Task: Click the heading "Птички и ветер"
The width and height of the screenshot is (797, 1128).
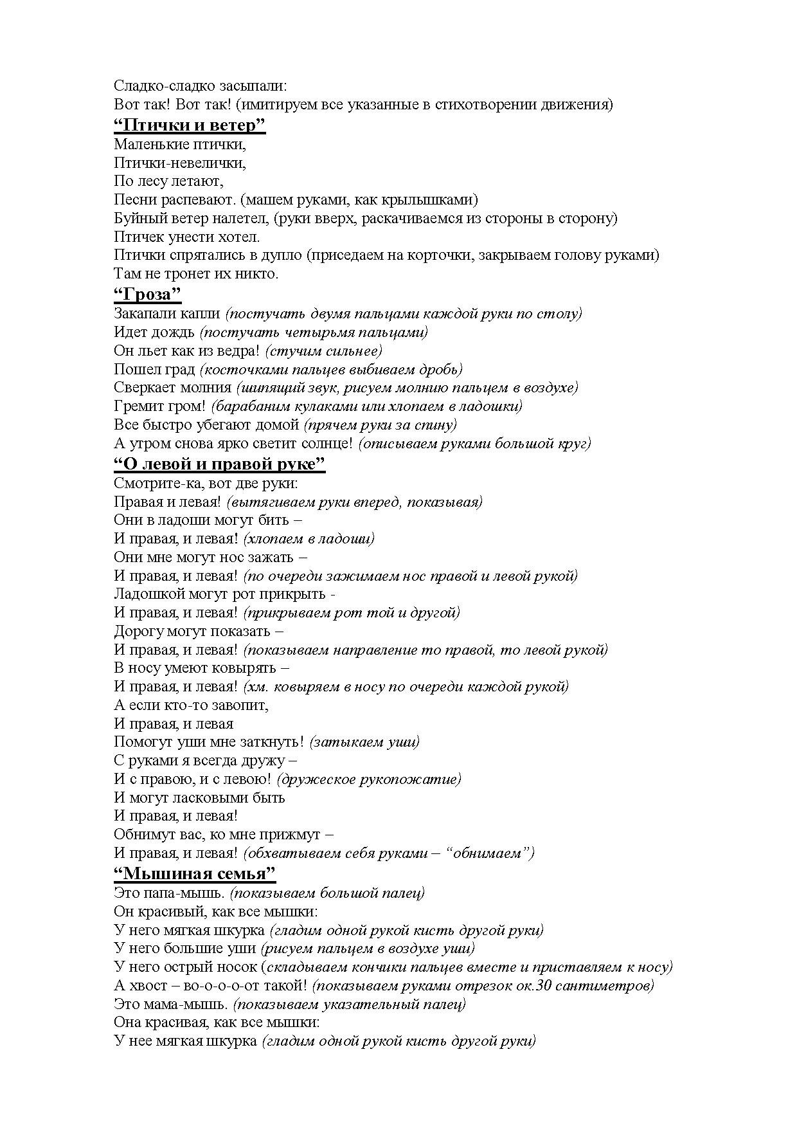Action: pyautogui.click(x=190, y=125)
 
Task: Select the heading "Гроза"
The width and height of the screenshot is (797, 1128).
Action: pyautogui.click(x=147, y=295)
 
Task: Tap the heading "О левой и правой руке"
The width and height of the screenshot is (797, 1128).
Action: pyautogui.click(x=219, y=464)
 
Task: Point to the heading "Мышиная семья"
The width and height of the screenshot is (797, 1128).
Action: pyautogui.click(x=195, y=873)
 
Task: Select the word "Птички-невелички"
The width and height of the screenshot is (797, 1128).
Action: pyautogui.click(x=179, y=163)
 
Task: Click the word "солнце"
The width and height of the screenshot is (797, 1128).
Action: pyautogui.click(x=325, y=443)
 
